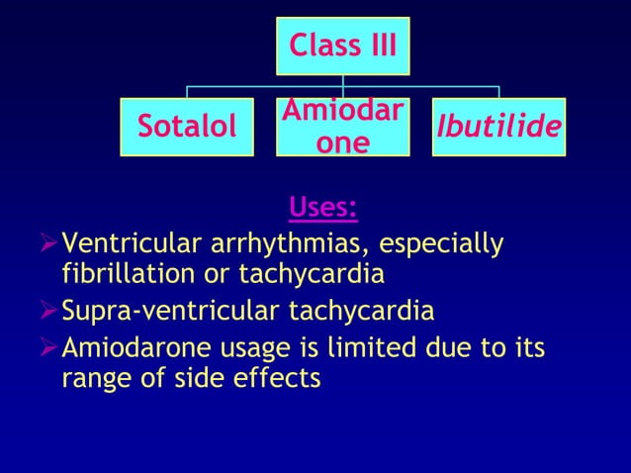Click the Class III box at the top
click(342, 47)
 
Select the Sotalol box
click(187, 127)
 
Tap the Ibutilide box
click(498, 127)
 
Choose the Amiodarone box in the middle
click(342, 127)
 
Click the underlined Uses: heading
click(322, 209)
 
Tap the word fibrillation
click(117, 271)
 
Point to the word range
click(95, 377)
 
